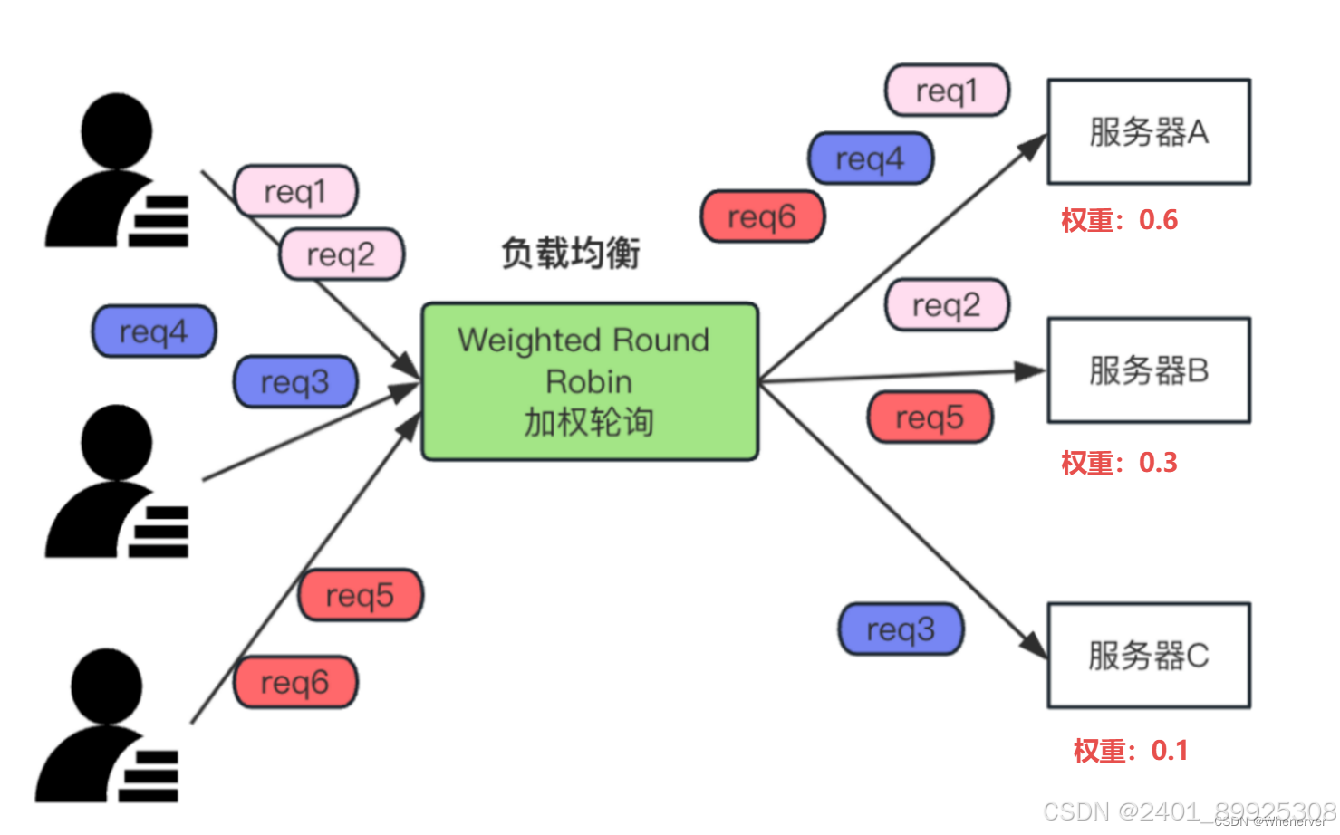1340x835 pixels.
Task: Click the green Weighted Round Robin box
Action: click(590, 381)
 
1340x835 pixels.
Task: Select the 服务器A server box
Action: click(1148, 132)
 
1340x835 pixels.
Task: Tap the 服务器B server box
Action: click(1148, 370)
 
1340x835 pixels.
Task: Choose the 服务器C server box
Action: click(1148, 655)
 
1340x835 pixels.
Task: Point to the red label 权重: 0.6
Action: click(1119, 220)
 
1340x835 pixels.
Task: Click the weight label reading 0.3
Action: click(1119, 463)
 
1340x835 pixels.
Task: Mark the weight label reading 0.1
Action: click(1130, 751)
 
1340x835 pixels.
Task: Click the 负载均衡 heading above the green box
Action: click(571, 253)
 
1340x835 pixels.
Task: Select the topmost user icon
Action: click(117, 171)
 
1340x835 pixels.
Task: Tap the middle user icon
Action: click(117, 482)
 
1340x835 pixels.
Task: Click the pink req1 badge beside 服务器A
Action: click(947, 91)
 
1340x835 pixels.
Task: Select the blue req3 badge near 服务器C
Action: click(901, 629)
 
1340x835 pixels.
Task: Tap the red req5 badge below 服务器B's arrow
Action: click(930, 417)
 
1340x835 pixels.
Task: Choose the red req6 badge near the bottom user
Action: click(295, 682)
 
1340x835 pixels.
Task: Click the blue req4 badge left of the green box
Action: click(154, 331)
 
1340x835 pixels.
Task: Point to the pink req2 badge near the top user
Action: click(341, 254)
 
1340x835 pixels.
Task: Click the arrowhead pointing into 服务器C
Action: click(1033, 644)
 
